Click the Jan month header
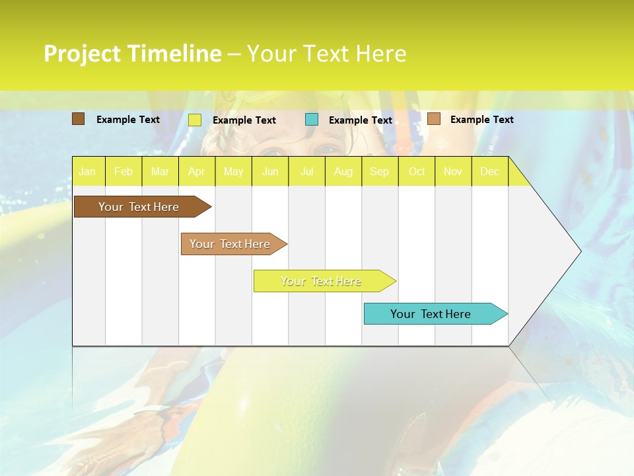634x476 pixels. pyautogui.click(x=87, y=171)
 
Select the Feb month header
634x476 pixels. pyautogui.click(x=123, y=171)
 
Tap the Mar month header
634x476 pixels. pyautogui.click(x=160, y=171)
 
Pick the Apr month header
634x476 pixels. pyautogui.click(x=197, y=171)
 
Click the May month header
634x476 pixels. pyautogui.click(x=233, y=171)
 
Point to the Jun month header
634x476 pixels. pyautogui.click(x=270, y=171)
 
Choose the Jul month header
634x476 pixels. pyautogui.click(x=306, y=171)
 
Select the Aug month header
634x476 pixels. pyautogui.click(x=343, y=171)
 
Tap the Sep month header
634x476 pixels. pyautogui.click(x=380, y=171)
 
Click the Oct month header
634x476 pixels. pyautogui.click(x=417, y=171)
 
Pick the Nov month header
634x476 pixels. pyautogui.click(x=453, y=171)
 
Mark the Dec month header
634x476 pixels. pyautogui.click(x=490, y=171)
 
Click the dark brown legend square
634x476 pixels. pyautogui.click(x=78, y=119)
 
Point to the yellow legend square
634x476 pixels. pyautogui.click(x=195, y=120)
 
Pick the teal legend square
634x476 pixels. pyautogui.click(x=312, y=119)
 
